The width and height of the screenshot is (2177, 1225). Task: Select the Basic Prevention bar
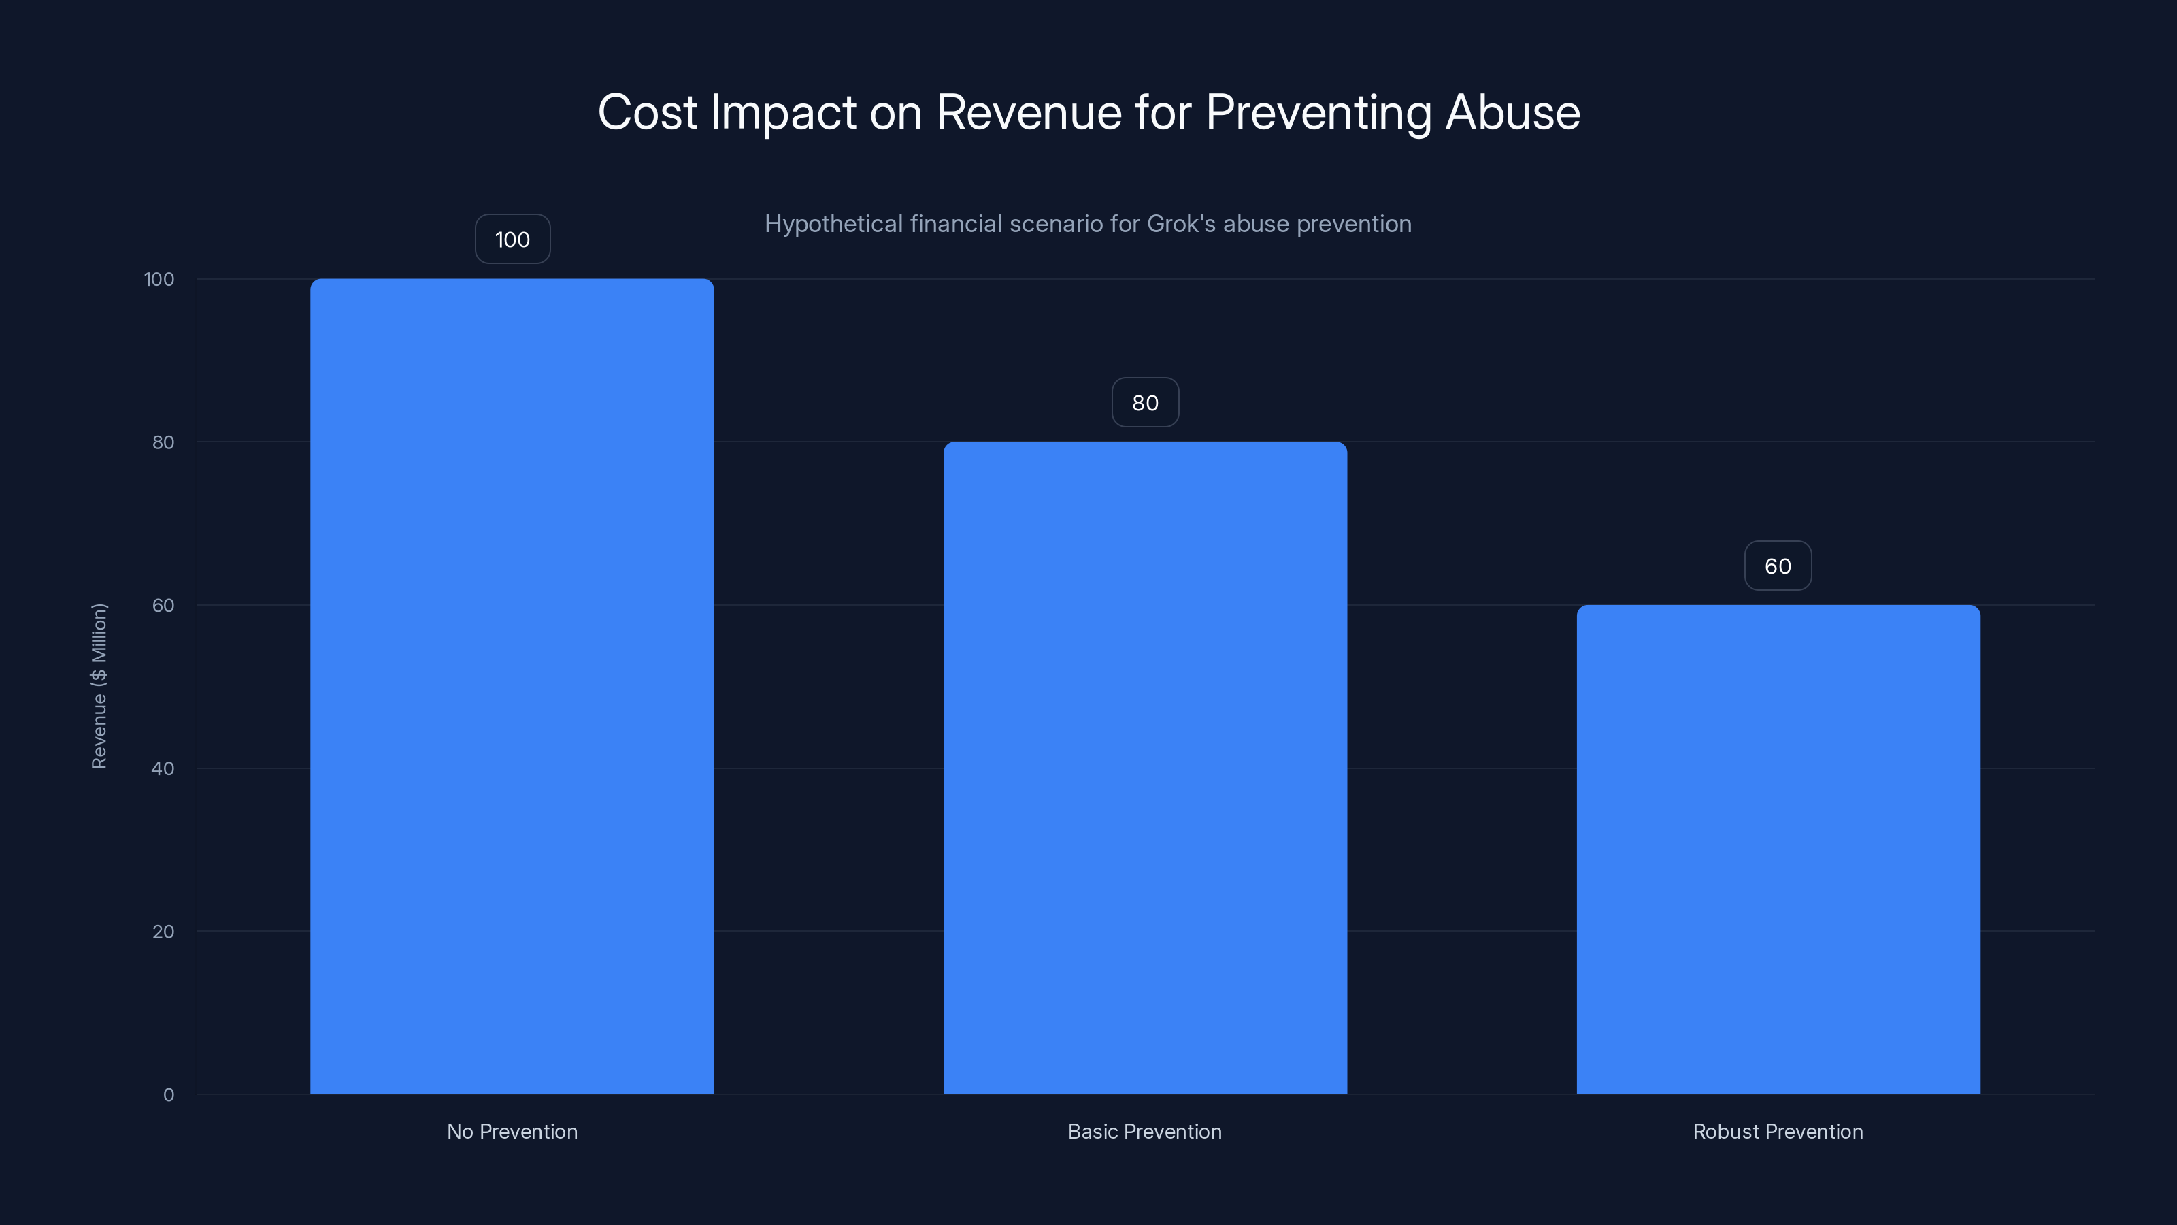coord(1144,767)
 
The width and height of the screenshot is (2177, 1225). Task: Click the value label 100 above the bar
coord(512,240)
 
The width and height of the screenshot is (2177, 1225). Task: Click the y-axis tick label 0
coord(168,1095)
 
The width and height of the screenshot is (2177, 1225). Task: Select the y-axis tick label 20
coord(163,932)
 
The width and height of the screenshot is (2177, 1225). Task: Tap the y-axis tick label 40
coord(163,768)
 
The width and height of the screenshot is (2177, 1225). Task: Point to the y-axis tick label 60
coord(163,605)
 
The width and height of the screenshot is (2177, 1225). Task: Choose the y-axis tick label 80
coord(163,442)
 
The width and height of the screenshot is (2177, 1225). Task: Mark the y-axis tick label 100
coord(159,279)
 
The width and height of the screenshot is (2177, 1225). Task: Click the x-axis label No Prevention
coord(512,1131)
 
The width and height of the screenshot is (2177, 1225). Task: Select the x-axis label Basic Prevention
coord(1144,1131)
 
